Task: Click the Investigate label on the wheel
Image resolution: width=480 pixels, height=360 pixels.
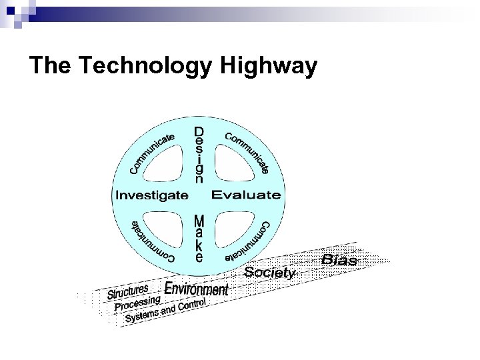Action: coord(152,195)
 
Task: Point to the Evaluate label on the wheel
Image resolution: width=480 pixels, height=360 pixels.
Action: coord(246,195)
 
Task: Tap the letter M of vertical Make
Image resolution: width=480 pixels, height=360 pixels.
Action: coord(199,220)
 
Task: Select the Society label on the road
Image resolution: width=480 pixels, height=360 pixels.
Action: coord(269,272)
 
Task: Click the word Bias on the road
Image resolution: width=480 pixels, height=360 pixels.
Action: coord(339,259)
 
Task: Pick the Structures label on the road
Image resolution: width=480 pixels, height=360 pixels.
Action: coord(128,292)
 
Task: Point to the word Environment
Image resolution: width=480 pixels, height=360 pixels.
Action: coord(196,289)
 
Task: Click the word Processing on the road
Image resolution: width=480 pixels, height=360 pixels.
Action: coord(138,303)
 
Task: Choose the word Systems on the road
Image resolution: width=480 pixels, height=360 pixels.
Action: coord(143,315)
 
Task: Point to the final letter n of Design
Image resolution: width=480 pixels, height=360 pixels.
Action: coord(199,179)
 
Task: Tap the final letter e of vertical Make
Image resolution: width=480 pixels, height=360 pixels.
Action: coord(199,257)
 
